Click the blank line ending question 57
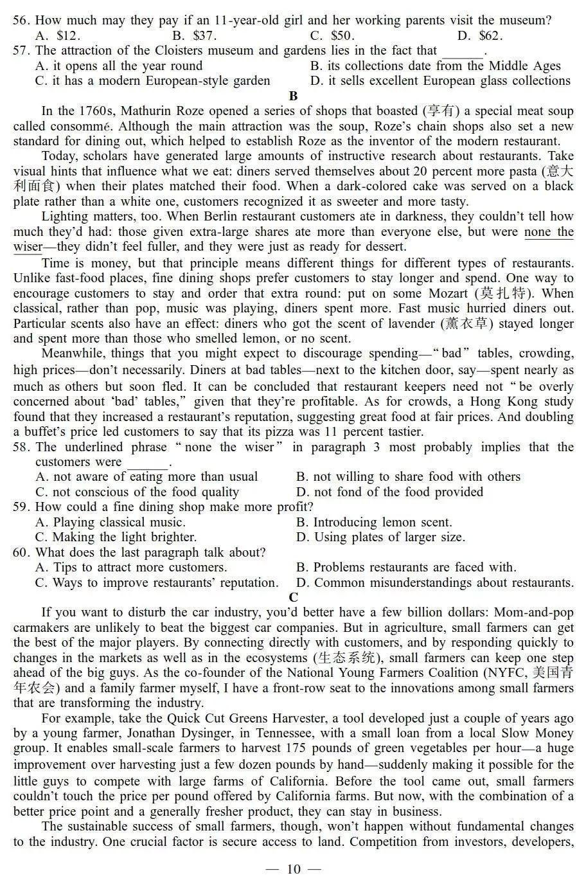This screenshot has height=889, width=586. click(463, 51)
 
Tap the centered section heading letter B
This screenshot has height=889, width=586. click(294, 96)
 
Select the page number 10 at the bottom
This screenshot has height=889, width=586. click(293, 870)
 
